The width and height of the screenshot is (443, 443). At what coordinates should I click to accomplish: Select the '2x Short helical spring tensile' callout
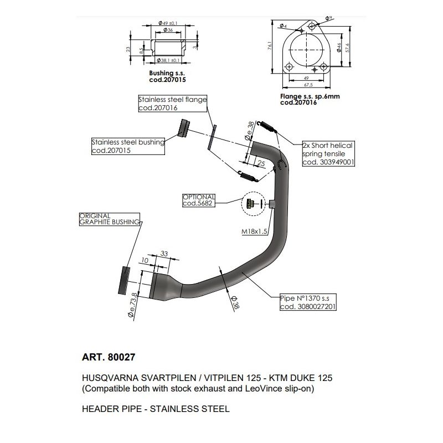[x=327, y=153]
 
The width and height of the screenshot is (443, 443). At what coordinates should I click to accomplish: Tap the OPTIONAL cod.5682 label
[x=199, y=200]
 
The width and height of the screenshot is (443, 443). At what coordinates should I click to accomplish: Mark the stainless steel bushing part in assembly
[x=182, y=128]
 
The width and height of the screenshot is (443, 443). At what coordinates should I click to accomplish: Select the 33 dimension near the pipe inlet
[x=164, y=254]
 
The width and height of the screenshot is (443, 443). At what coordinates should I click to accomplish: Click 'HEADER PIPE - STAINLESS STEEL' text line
[x=156, y=410]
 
